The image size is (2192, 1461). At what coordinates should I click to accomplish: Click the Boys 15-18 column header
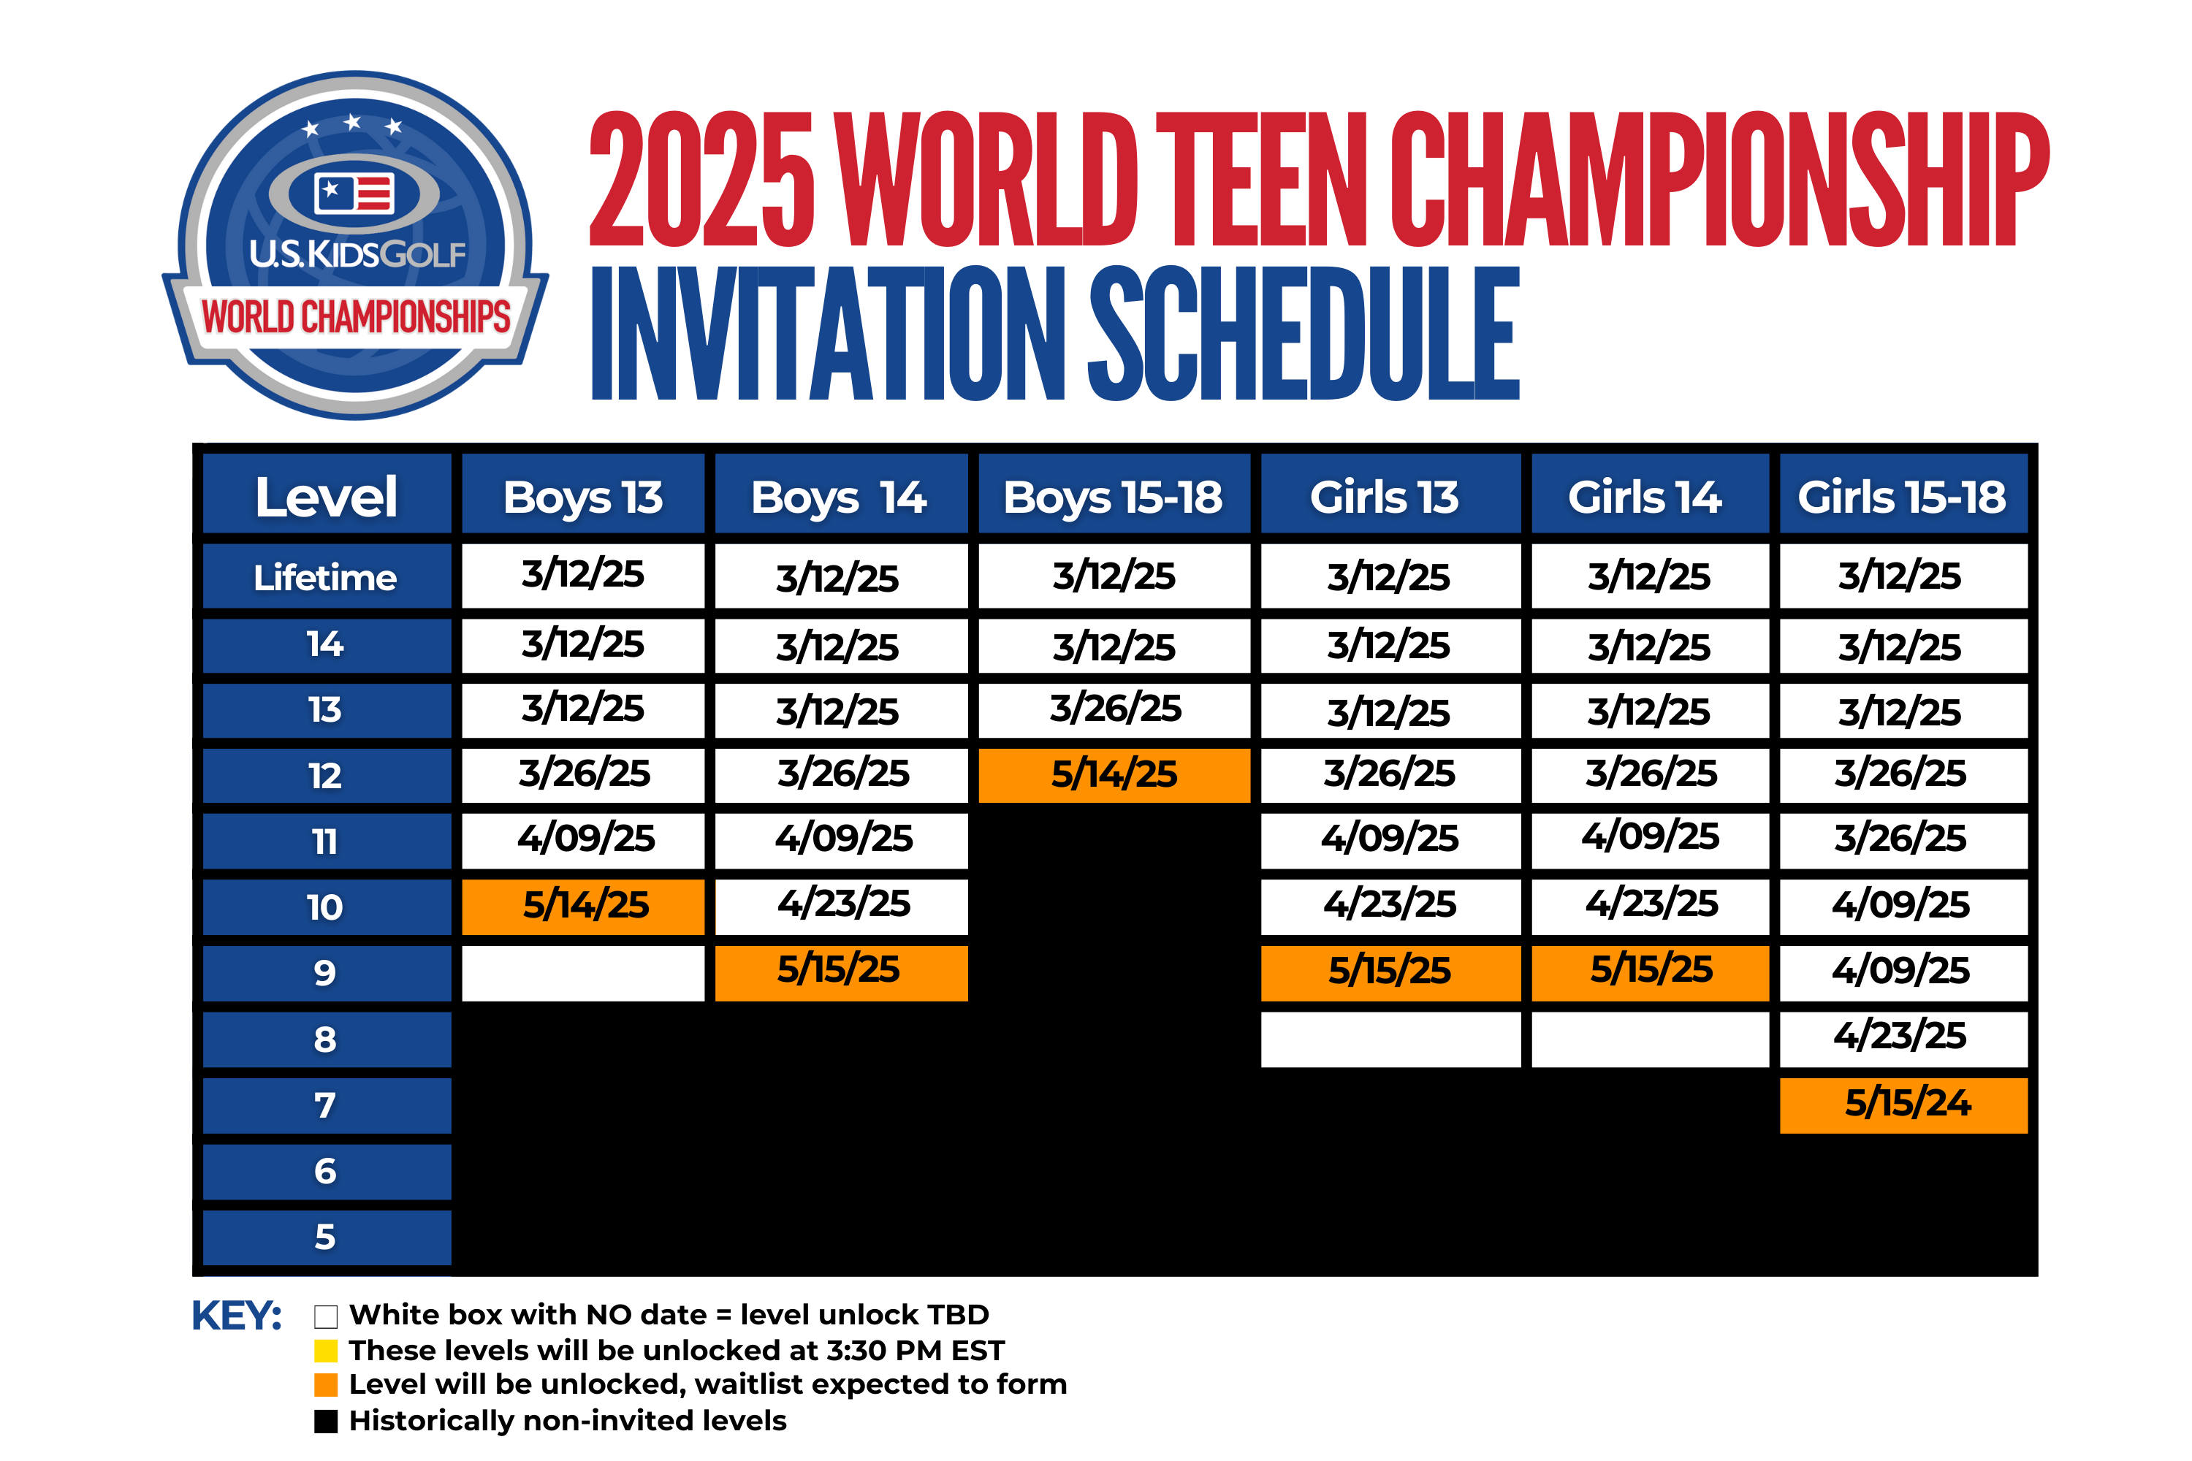click(x=1114, y=494)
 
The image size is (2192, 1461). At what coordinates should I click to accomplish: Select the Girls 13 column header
click(x=1390, y=494)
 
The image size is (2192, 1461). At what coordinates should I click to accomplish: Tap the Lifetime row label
click(x=326, y=577)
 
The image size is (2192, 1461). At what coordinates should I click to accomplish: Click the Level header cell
click(x=326, y=494)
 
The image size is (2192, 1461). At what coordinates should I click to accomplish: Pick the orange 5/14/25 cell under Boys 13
click(x=583, y=907)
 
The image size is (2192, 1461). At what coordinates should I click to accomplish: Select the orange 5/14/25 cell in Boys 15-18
click(x=1114, y=775)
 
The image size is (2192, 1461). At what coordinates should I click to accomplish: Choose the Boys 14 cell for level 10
click(x=842, y=907)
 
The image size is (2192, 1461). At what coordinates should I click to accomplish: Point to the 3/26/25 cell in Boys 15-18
click(x=1114, y=710)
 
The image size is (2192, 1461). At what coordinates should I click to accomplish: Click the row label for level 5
click(x=326, y=1237)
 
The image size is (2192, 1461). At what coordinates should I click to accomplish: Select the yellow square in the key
click(x=325, y=1350)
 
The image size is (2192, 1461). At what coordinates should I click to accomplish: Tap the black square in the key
click(x=325, y=1422)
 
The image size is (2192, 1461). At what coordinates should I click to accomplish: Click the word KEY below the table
click(x=236, y=1316)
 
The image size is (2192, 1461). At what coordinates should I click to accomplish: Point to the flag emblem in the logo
click(x=354, y=193)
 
